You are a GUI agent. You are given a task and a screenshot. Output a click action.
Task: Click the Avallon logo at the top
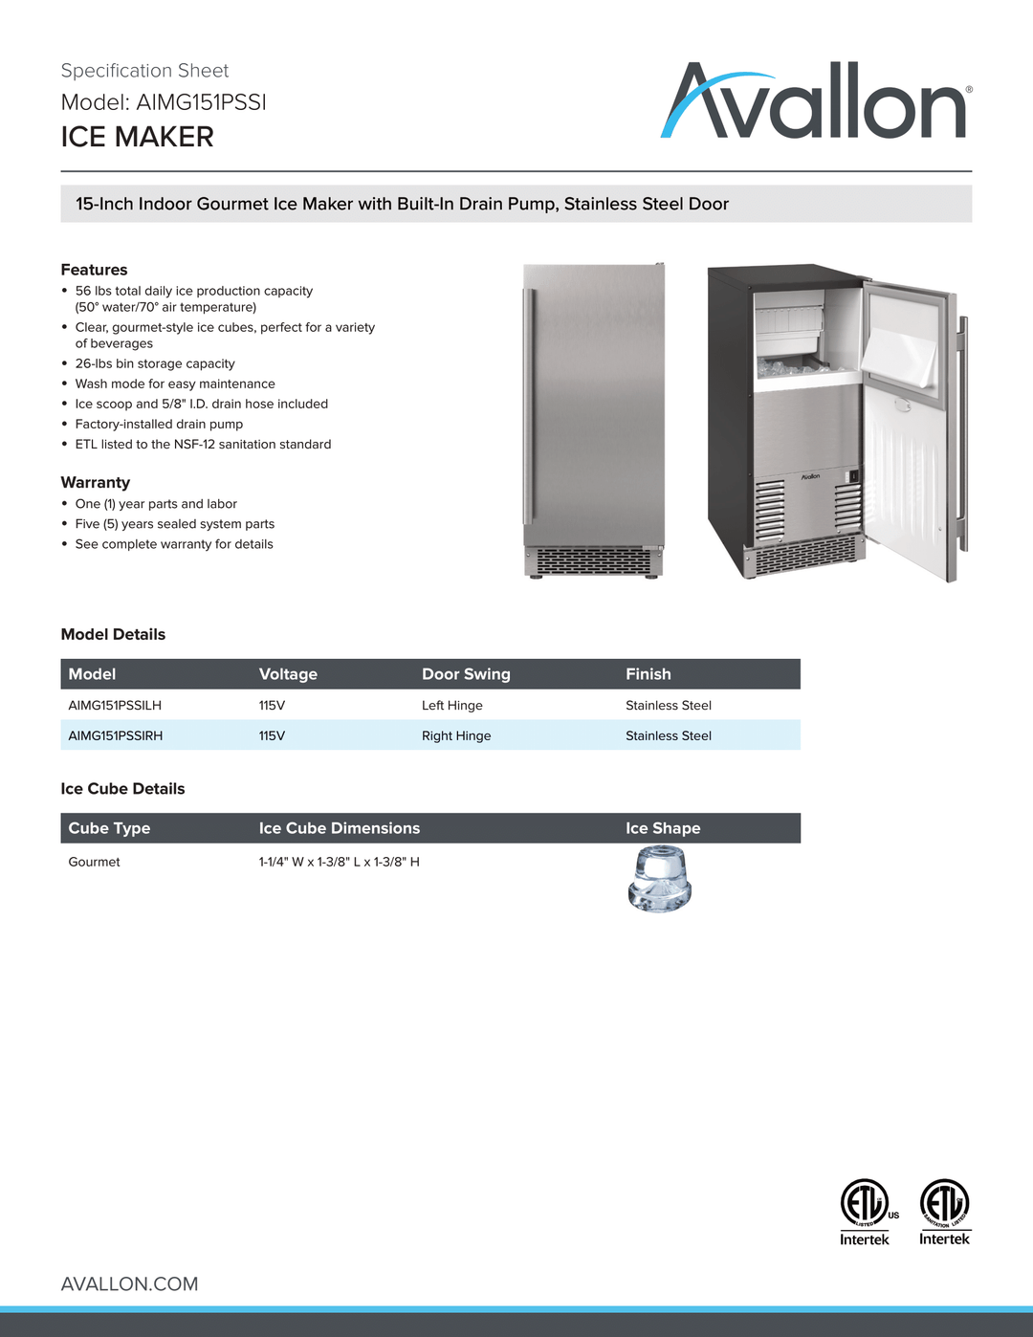pos(816,102)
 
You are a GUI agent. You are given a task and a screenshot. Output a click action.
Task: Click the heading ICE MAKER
pos(137,137)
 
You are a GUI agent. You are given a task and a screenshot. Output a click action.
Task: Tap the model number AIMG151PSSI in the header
pos(201,102)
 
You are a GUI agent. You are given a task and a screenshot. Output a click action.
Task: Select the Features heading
pos(94,270)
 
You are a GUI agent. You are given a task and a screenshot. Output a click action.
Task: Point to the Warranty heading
pos(95,482)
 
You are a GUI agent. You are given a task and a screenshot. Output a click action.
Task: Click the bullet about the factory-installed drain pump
pos(159,424)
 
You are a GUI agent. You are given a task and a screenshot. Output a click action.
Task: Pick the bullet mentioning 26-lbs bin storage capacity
pos(155,363)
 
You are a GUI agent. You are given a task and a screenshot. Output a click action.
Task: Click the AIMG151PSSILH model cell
pos(115,705)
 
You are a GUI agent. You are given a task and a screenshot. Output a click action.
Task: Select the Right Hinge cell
pos(456,735)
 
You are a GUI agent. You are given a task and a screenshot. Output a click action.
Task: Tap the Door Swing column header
pos(466,674)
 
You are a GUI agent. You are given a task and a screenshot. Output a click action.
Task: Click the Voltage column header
pos(288,674)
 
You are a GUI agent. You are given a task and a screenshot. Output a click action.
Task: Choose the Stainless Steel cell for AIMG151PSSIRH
pos(669,735)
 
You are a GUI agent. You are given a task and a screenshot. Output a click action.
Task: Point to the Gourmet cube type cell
pos(94,862)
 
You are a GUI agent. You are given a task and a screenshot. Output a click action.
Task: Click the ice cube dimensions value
pos(339,862)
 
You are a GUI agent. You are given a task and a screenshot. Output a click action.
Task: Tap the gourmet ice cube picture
pos(659,881)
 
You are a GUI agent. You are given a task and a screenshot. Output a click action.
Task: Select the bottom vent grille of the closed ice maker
pos(593,561)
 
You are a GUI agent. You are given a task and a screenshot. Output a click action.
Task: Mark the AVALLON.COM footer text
pos(129,1283)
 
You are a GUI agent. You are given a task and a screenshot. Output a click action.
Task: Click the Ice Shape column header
pos(663,828)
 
